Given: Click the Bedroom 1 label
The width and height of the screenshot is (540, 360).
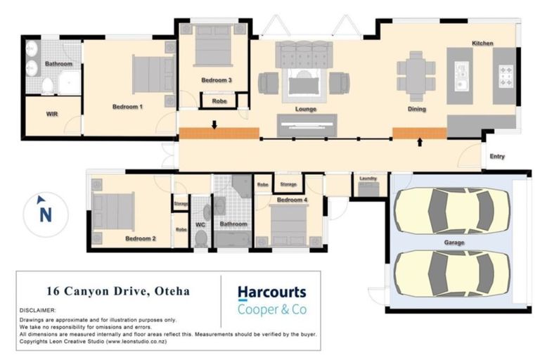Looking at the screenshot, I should (x=127, y=107).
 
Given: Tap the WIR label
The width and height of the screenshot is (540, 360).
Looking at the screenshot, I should (x=51, y=114).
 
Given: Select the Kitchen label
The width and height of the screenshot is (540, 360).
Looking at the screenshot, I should (x=482, y=44).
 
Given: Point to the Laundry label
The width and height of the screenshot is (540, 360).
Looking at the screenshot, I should (x=368, y=179).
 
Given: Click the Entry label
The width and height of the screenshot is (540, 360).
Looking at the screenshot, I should (x=496, y=157).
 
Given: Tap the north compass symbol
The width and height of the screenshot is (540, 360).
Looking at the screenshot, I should (x=45, y=214).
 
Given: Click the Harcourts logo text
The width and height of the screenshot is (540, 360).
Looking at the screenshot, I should (x=271, y=292).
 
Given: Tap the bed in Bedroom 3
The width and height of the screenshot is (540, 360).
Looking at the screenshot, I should (x=213, y=46).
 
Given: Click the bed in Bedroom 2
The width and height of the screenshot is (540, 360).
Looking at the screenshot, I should (x=114, y=211).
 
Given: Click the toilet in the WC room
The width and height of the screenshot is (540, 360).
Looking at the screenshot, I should (x=201, y=236).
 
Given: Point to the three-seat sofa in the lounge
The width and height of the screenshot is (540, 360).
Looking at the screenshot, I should (x=303, y=55).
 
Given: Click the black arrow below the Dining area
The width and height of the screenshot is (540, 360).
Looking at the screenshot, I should (x=420, y=143).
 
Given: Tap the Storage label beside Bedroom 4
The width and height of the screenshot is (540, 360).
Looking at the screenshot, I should (x=288, y=184).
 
